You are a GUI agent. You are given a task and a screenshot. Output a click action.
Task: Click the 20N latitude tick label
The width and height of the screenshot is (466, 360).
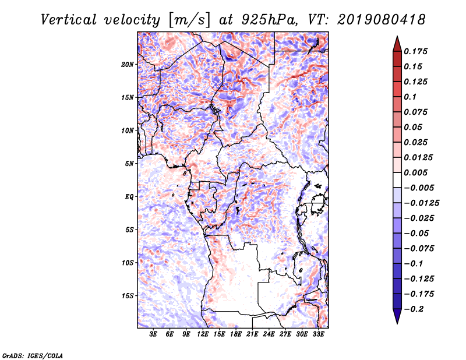pos(128,65)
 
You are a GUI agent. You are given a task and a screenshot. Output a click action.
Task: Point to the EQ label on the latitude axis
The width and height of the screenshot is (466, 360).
pos(129,197)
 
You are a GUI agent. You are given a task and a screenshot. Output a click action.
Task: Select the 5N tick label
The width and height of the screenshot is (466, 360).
pos(129,164)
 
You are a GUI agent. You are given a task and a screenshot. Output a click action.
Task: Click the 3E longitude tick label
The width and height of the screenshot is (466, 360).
pos(153,334)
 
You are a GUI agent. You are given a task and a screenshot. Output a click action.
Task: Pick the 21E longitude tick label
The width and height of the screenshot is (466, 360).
pos(252,334)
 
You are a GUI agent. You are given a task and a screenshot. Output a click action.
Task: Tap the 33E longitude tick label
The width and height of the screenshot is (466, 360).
pos(318,334)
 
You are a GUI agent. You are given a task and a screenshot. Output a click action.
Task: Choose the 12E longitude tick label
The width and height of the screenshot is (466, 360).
pos(203,334)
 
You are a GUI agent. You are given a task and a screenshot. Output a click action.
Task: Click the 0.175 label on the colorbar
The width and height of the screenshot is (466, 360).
pos(415,51)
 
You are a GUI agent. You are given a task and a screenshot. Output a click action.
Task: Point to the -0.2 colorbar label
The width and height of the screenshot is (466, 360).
pos(414,309)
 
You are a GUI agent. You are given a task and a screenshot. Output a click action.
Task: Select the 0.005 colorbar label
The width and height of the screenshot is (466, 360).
pos(415,172)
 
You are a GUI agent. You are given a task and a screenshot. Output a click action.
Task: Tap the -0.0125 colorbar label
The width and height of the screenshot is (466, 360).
pos(421,203)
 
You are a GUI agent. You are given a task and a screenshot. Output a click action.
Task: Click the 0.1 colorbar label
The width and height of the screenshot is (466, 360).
pos(410,97)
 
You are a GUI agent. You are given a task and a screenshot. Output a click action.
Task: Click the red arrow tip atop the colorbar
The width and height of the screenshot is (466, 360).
pos(397,36)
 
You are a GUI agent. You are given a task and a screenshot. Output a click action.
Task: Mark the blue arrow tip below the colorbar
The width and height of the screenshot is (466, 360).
pos(397,323)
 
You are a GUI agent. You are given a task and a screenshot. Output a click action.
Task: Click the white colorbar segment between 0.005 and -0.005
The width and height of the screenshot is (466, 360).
pos(397,180)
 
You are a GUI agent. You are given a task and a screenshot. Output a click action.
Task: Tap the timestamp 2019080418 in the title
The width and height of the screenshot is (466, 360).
pos(382,20)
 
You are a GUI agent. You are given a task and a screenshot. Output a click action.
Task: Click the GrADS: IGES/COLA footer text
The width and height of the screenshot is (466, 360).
pos(33,355)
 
